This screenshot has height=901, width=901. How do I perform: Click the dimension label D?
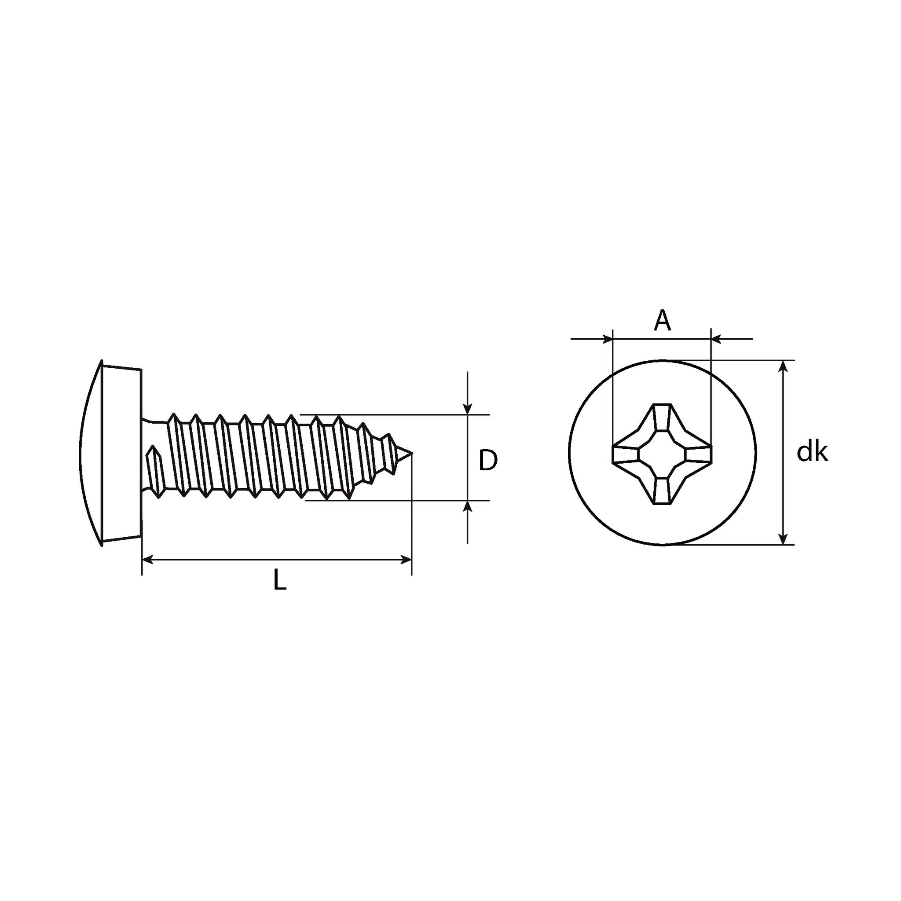pyautogui.click(x=488, y=460)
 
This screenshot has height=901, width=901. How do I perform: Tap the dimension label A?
pyautogui.click(x=662, y=321)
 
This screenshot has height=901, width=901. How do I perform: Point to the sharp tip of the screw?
pyautogui.click(x=411, y=452)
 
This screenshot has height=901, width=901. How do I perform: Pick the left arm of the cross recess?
pyautogui.click(x=625, y=453)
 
